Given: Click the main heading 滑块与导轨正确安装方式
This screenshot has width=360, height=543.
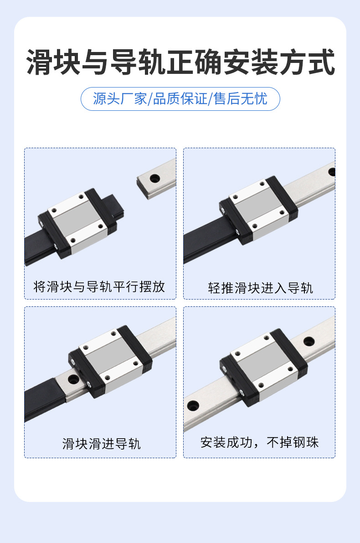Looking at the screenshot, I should [180, 62].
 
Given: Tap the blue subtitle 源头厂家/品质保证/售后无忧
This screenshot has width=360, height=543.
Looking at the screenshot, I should [180, 98].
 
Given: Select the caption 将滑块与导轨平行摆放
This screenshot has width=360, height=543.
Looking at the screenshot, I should [99, 287].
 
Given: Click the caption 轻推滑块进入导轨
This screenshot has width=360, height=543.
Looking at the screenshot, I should [260, 288].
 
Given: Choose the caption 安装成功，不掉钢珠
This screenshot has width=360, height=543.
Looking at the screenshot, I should [259, 442].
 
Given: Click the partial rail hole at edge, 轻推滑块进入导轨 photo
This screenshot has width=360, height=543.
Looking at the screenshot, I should [332, 172].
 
